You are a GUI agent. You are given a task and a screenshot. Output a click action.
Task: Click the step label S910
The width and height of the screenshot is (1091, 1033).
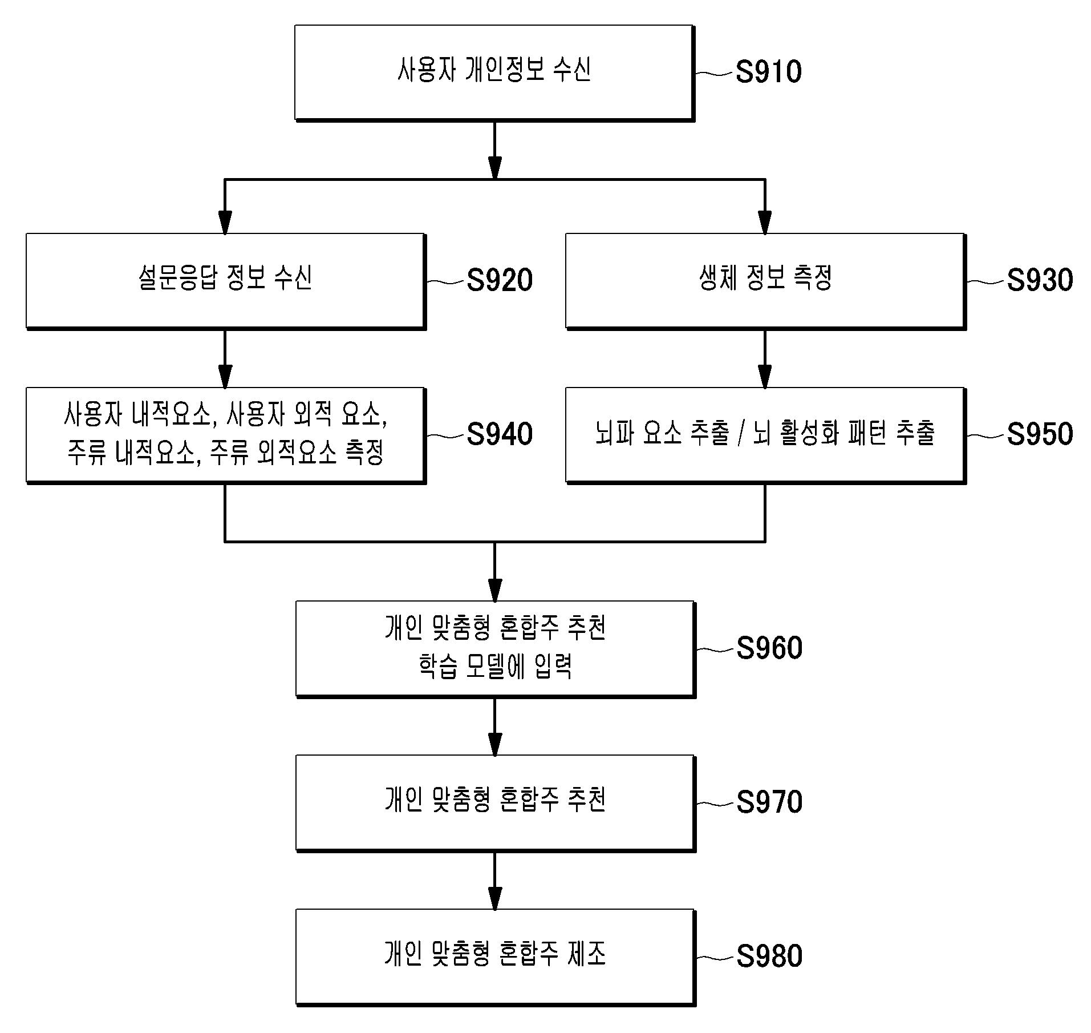[x=768, y=72]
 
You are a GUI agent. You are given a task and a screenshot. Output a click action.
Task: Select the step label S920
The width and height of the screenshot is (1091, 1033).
[x=499, y=280]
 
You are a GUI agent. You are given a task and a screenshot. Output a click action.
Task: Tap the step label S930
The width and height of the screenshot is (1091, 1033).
[x=1039, y=280]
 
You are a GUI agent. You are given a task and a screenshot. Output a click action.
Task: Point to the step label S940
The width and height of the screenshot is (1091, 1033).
[x=499, y=434]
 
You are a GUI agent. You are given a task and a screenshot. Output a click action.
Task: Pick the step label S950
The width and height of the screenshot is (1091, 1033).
[x=1039, y=434]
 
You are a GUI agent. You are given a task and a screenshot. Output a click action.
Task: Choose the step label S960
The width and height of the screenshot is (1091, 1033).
[x=769, y=648]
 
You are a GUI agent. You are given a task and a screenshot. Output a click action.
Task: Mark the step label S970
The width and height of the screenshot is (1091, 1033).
[x=769, y=802]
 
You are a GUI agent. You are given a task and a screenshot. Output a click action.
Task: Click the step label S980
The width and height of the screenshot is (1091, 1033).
[x=769, y=957]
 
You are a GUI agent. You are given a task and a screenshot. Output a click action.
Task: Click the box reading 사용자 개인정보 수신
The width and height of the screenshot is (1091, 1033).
[x=494, y=73]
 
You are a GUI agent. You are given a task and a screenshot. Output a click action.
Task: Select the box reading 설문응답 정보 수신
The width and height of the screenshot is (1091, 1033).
[x=226, y=281]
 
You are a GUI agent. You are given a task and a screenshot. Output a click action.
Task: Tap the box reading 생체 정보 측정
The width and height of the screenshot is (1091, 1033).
[x=766, y=281]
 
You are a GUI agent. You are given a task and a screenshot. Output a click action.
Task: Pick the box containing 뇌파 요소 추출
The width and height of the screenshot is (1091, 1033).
[x=766, y=435]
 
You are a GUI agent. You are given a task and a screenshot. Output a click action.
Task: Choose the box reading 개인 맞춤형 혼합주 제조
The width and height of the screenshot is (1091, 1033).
[x=496, y=958]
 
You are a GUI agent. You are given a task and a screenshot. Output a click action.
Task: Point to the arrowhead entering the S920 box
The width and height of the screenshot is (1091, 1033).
[x=225, y=223]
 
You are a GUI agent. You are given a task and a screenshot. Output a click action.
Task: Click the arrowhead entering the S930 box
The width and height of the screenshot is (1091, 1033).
[x=765, y=223]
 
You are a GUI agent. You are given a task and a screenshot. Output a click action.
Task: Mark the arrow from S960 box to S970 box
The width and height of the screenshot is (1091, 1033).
[x=494, y=727]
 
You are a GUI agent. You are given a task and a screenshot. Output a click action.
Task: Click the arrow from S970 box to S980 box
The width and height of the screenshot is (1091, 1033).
[x=494, y=881]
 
